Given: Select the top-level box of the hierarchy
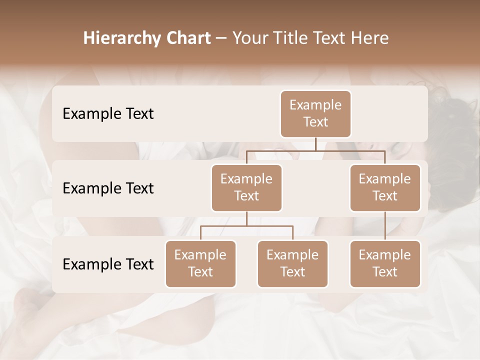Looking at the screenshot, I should pyautogui.click(x=315, y=113).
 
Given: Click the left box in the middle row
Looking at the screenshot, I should pyautogui.click(x=246, y=187).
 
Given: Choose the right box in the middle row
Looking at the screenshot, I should pyautogui.click(x=385, y=187).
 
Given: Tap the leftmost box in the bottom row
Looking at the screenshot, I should pyautogui.click(x=200, y=263).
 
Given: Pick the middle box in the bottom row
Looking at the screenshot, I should pyautogui.click(x=292, y=263).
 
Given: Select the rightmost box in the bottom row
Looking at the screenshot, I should pyautogui.click(x=385, y=263).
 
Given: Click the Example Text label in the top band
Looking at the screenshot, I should pyautogui.click(x=108, y=114).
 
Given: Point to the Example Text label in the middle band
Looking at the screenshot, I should pyautogui.click(x=108, y=188).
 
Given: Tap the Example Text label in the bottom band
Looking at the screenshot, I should pyautogui.click(x=108, y=264).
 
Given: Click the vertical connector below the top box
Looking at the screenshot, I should pyautogui.click(x=315, y=144).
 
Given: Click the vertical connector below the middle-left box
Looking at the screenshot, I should pyautogui.click(x=246, y=218).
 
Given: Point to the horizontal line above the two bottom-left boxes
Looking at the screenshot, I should pyautogui.click(x=246, y=226).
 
